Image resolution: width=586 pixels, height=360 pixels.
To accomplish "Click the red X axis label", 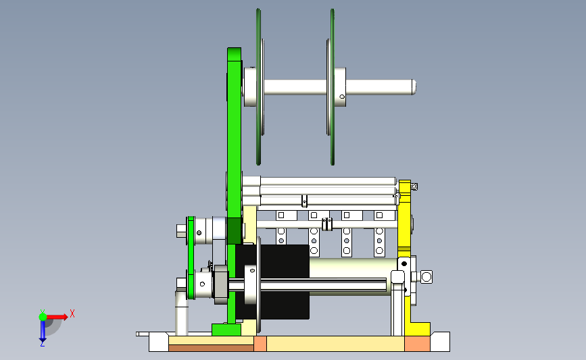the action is pos(72,313).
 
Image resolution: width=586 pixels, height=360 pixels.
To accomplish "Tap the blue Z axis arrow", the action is pos(43,331).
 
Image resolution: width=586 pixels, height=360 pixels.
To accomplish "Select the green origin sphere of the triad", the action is pos(43,317).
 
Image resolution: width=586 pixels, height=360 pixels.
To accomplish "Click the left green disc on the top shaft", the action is pos(258,86).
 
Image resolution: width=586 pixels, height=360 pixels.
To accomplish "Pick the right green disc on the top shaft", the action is pos(333,86).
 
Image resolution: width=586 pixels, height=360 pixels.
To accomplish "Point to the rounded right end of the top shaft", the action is pos(414,87).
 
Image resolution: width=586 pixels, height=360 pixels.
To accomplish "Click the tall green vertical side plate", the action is pos(234,186).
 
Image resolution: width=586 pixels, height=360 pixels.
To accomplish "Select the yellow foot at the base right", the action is pos(418,329).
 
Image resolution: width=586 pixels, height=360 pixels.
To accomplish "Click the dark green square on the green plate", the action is pos(235,231).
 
